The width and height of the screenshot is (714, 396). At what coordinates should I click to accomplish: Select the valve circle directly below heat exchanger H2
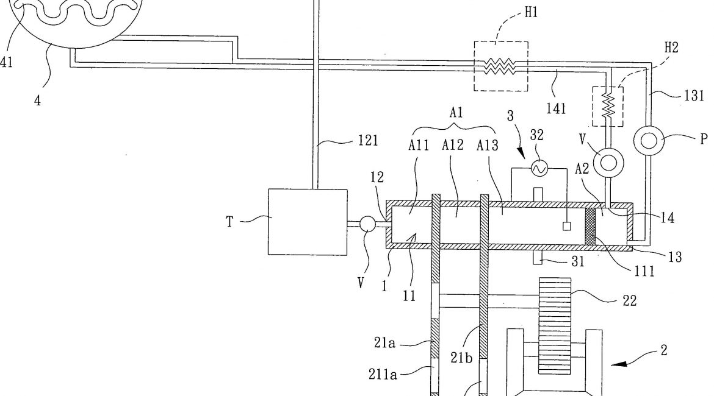pos(608,161)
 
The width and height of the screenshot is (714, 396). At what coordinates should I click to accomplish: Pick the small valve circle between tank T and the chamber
pos(368,224)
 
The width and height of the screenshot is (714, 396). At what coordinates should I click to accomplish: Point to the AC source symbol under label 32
pos(538,167)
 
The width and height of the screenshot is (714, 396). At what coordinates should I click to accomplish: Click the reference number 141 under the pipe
pos(557,108)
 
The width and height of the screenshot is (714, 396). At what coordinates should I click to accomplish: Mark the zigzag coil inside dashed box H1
pos(501,66)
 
